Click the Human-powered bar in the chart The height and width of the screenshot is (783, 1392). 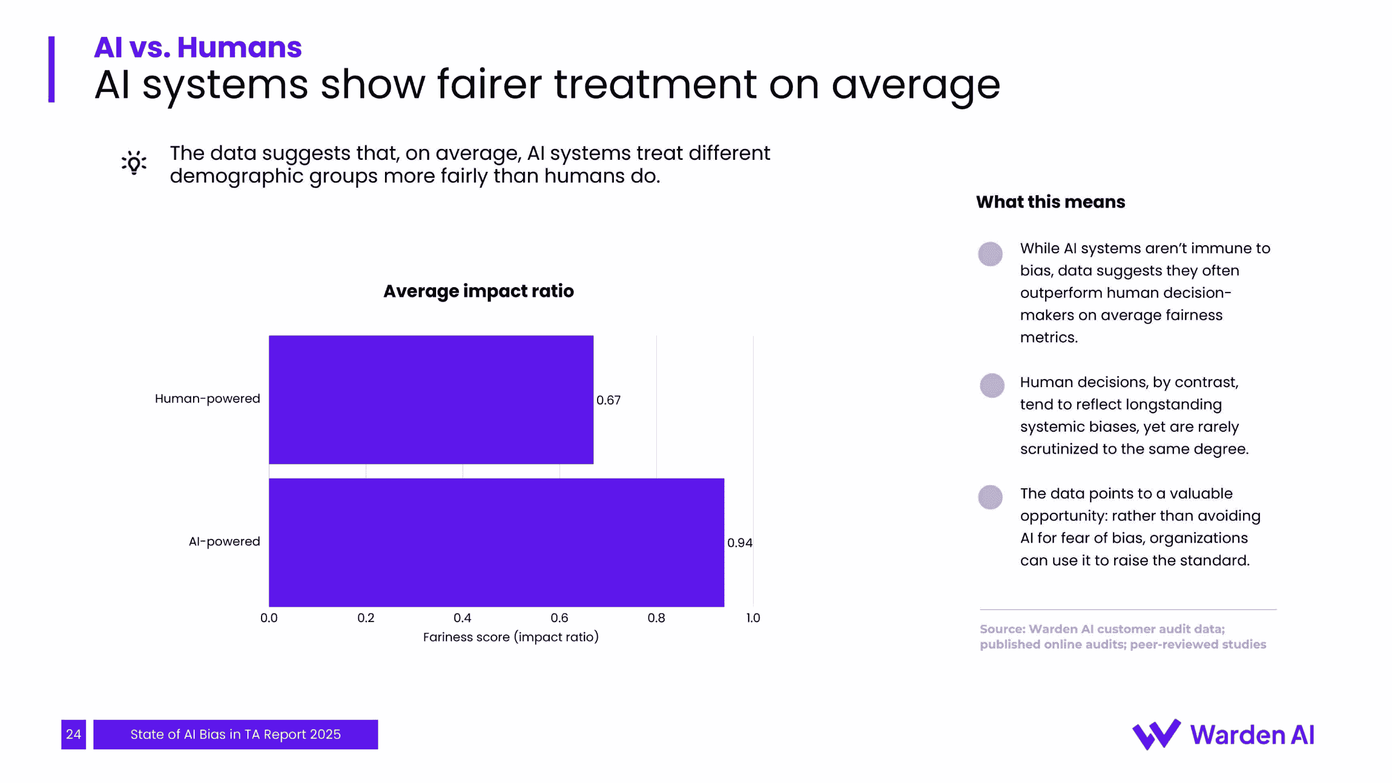[x=431, y=400]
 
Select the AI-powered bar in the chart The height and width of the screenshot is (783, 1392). [x=496, y=542]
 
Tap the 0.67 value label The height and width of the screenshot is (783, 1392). [x=608, y=400]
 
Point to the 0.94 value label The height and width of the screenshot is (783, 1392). [x=739, y=543]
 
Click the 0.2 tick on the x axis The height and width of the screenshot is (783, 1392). [x=366, y=618]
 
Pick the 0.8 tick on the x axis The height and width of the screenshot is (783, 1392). [x=656, y=618]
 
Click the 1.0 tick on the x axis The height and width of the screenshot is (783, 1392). [x=753, y=618]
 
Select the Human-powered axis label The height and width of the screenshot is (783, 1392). [x=207, y=399]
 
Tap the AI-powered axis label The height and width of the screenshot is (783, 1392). [x=224, y=542]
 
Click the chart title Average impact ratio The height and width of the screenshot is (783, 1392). [x=478, y=291]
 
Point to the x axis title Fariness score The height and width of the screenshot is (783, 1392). [x=511, y=637]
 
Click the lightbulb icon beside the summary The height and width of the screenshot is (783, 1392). [x=134, y=163]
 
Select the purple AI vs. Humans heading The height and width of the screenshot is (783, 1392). [x=197, y=47]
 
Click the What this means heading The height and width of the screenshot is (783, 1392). [x=1050, y=202]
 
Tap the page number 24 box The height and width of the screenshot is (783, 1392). [x=73, y=734]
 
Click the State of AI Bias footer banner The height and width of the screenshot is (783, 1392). [x=235, y=734]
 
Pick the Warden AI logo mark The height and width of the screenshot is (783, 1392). [x=1156, y=734]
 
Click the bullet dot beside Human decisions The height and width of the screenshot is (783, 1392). [x=992, y=386]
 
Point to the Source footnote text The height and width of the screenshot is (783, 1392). [x=1123, y=636]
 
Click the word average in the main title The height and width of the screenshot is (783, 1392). [x=916, y=85]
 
